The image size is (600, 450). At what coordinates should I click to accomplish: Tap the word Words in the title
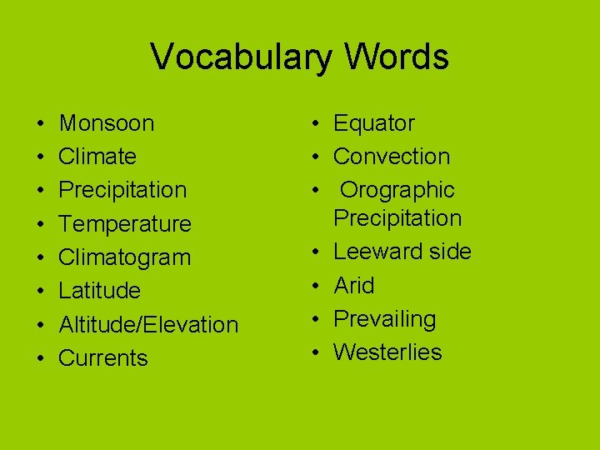pos(393,57)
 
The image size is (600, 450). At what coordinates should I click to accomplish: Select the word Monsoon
pos(107,123)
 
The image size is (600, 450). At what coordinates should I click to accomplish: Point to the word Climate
pos(97,157)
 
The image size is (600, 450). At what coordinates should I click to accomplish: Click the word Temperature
pos(125,224)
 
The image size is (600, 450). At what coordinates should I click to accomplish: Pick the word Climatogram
pos(125,257)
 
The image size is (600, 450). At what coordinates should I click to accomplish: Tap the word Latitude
pos(100,291)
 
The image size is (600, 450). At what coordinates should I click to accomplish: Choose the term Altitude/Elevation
pos(148,324)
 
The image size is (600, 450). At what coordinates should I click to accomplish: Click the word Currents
pos(103,358)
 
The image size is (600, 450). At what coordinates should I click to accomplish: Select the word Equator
pos(374,123)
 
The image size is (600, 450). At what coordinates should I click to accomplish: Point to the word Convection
pos(392,157)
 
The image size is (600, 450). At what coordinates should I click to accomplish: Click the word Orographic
pos(397,190)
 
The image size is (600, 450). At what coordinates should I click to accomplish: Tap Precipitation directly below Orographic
pos(397,218)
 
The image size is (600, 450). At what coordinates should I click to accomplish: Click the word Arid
pos(354,286)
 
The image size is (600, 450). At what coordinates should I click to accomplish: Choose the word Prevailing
pos(385,319)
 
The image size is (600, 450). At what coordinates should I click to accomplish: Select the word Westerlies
pos(387,352)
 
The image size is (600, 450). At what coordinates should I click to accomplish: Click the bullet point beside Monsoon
pos(41,124)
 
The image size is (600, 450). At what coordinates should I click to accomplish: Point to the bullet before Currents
pos(41,359)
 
